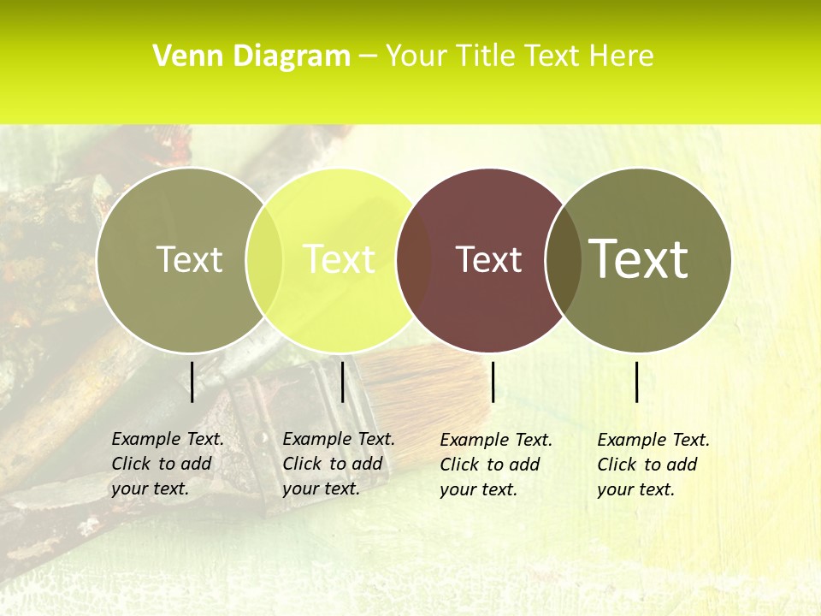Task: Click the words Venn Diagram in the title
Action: (x=251, y=56)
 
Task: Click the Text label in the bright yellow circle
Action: (x=340, y=259)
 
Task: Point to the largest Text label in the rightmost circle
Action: (x=638, y=258)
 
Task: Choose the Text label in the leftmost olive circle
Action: (x=189, y=259)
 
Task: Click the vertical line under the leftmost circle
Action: (x=192, y=382)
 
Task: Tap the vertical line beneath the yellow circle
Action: (x=342, y=382)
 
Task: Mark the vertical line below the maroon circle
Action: (x=493, y=382)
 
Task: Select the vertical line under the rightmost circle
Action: (x=637, y=382)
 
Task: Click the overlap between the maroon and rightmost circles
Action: (x=564, y=260)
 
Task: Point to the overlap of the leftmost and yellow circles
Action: (x=264, y=260)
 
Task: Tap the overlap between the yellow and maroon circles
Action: (x=414, y=260)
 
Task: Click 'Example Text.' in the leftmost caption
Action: (x=168, y=439)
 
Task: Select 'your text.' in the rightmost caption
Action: (x=635, y=489)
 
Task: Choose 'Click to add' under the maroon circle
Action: (x=490, y=465)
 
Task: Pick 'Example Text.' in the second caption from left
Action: (x=339, y=439)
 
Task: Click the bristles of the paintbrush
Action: (x=428, y=385)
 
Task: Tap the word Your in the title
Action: (x=416, y=56)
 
